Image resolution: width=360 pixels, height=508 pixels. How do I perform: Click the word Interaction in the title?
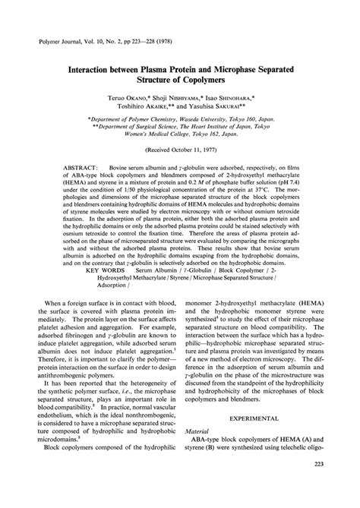coord(96,70)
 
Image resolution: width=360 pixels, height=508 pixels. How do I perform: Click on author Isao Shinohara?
coord(251,100)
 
